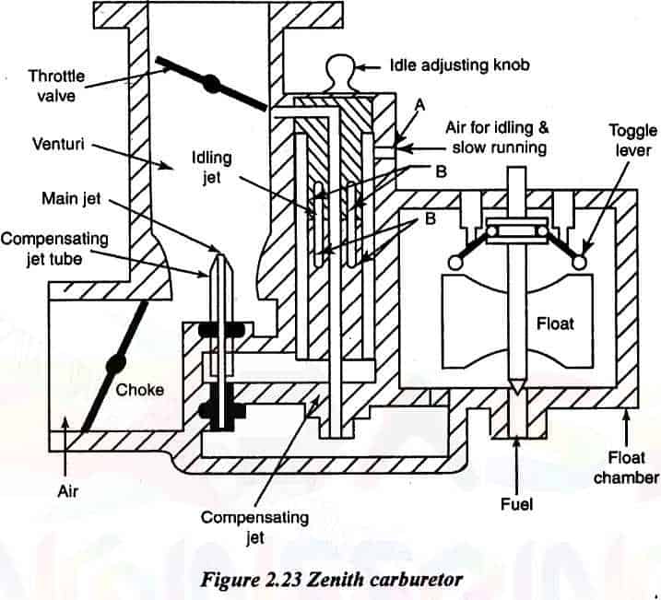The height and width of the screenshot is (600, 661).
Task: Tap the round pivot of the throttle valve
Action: coord(211,84)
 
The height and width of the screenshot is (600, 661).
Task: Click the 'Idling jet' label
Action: coord(211,169)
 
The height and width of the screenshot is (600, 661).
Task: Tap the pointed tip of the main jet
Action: coord(218,251)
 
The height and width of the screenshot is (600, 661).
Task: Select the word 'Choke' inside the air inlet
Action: coord(140,389)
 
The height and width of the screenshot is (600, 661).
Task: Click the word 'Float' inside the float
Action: coord(555,324)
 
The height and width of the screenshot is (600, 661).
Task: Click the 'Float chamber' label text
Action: coord(627,466)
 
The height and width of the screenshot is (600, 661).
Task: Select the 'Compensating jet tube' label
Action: coord(54,248)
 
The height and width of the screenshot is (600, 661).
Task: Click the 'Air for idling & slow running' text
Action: coord(500,138)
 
